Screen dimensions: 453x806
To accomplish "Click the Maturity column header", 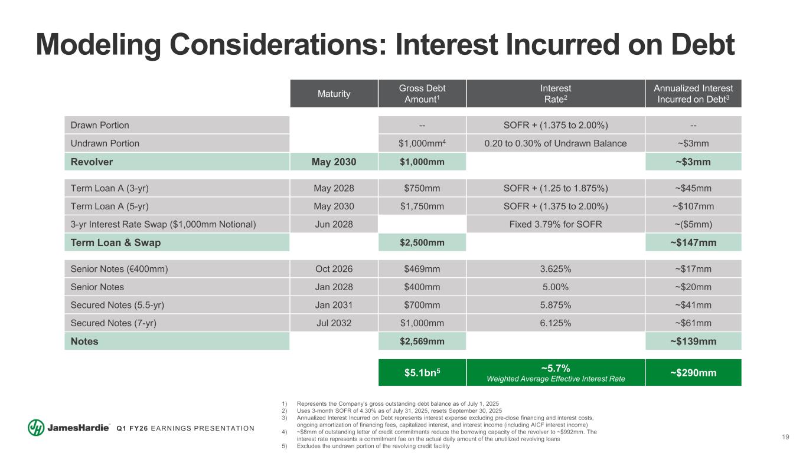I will tap(334, 94).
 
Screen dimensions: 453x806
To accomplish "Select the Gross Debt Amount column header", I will tap(422, 94).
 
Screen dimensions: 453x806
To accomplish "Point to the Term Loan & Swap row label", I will tap(115, 242).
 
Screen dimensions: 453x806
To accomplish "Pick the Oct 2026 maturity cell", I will tap(334, 270).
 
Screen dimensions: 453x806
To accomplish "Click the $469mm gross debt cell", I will tap(422, 270).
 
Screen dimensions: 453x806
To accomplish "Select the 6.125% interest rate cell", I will tap(555, 323).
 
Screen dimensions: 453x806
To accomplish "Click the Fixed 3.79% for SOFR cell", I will tap(555, 225).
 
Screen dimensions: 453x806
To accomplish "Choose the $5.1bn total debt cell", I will tap(422, 372).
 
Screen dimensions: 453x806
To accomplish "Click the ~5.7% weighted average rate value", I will tap(555, 367).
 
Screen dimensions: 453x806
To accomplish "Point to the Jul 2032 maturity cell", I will tap(334, 323).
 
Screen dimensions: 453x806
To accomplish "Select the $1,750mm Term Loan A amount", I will tap(422, 206).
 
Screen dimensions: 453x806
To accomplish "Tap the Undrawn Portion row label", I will tap(105, 143).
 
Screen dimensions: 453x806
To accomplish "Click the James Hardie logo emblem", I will tap(37, 428).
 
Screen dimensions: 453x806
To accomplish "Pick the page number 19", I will tap(785, 437).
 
